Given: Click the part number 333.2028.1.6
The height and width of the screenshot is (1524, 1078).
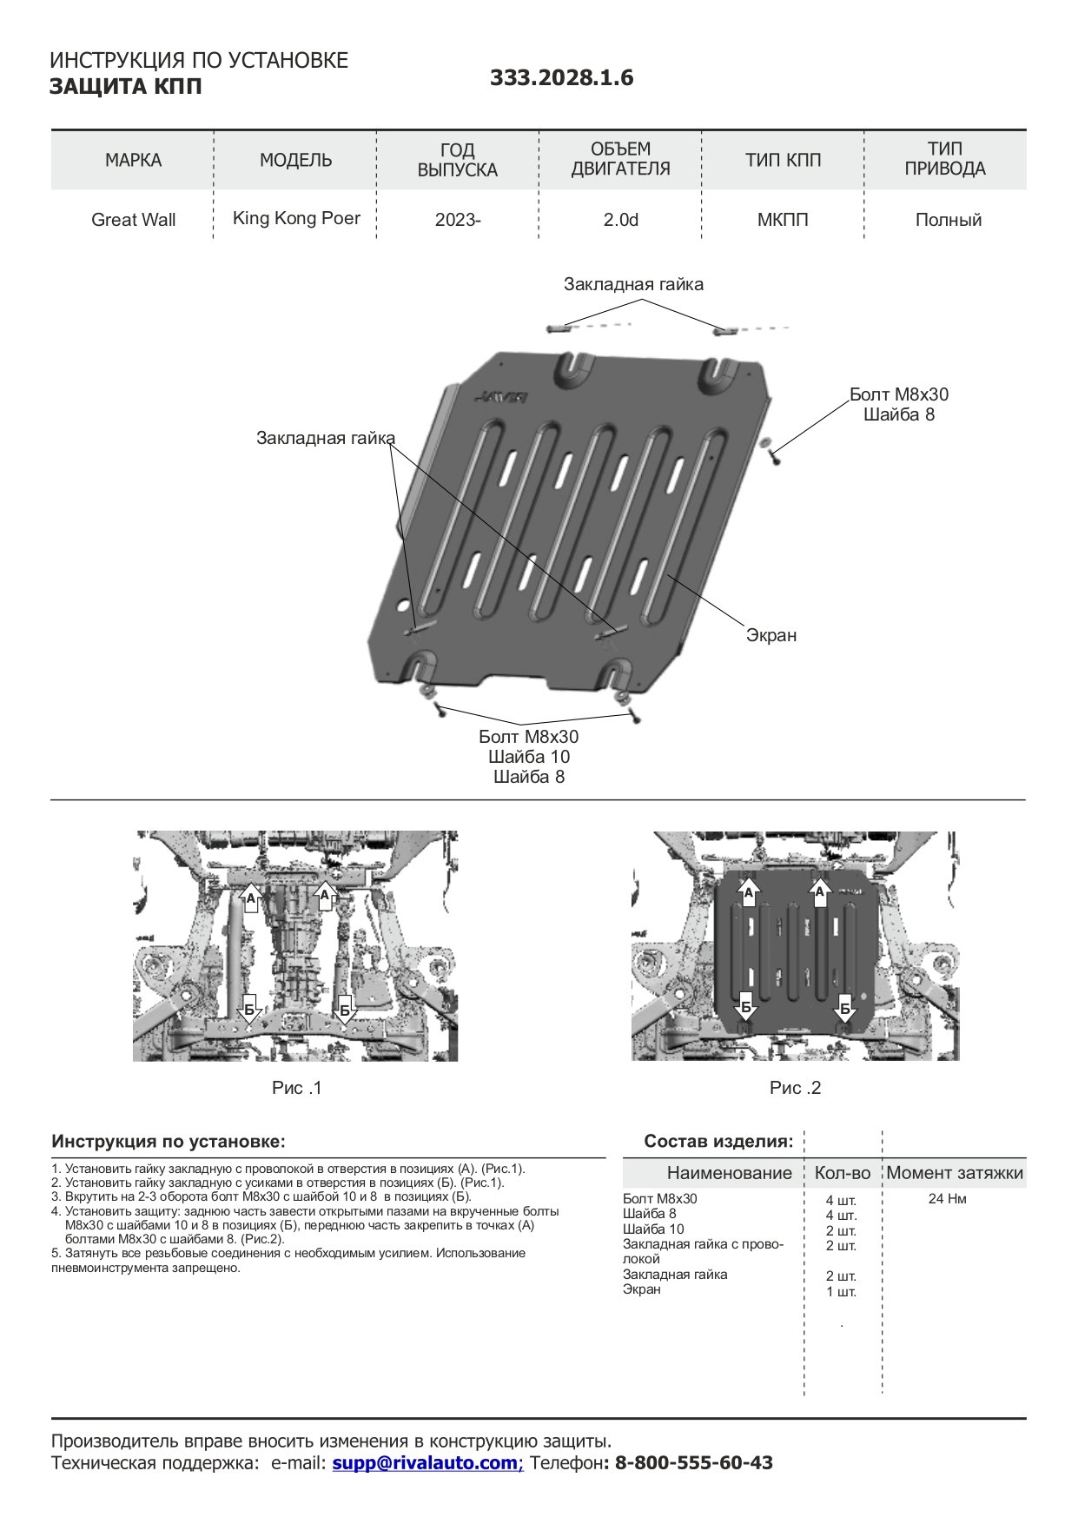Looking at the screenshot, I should pos(561,78).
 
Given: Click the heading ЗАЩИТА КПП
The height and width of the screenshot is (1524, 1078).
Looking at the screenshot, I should pos(125,87).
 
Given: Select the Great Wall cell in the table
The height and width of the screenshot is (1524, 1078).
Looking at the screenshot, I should pos(133,220).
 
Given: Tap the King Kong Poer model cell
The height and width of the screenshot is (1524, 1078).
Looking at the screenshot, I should pos(296,218).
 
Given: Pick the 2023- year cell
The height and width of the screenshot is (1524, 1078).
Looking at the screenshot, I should pos(458,220).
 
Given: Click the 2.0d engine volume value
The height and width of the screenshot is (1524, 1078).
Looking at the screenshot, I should pos(620,220).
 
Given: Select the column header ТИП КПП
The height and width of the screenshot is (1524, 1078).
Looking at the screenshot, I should pos(783,160).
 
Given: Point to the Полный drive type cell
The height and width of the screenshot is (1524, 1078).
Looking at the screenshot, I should pos(948,220).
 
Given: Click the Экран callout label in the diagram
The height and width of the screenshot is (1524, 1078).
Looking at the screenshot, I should pos(770,635).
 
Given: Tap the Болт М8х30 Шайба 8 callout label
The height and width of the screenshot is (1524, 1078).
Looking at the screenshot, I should pos(898,404).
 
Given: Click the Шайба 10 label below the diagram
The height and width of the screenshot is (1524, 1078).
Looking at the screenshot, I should pos(528,757).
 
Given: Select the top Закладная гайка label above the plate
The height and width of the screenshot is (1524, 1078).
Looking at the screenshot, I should pos(633,284).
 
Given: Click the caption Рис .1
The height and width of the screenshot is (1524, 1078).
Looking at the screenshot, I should pos(296,1088).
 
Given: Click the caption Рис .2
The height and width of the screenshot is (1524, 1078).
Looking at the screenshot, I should pos(795,1088).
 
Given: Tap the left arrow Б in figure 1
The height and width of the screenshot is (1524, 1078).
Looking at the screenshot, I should pos(249,1010).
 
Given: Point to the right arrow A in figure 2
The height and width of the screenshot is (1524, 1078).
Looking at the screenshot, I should pos(819,892).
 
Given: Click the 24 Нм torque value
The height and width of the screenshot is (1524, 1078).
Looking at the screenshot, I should pos(947,1199).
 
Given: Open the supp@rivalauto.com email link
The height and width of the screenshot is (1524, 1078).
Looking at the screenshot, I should pos(427,1463).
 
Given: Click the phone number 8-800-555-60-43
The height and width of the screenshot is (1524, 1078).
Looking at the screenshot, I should pos(693,1463).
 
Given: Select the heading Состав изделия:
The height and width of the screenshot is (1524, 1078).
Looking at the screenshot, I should pos(718,1142).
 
